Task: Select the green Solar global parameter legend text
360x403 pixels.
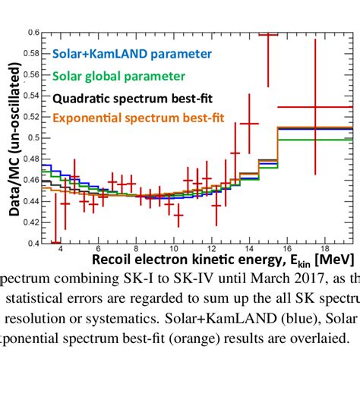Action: (x=119, y=76)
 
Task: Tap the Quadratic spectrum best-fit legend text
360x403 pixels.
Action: (x=131, y=98)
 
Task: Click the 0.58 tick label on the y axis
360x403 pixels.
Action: (x=31, y=54)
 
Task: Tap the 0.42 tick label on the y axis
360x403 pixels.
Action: (x=31, y=222)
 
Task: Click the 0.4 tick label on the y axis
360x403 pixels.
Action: (x=33, y=243)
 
